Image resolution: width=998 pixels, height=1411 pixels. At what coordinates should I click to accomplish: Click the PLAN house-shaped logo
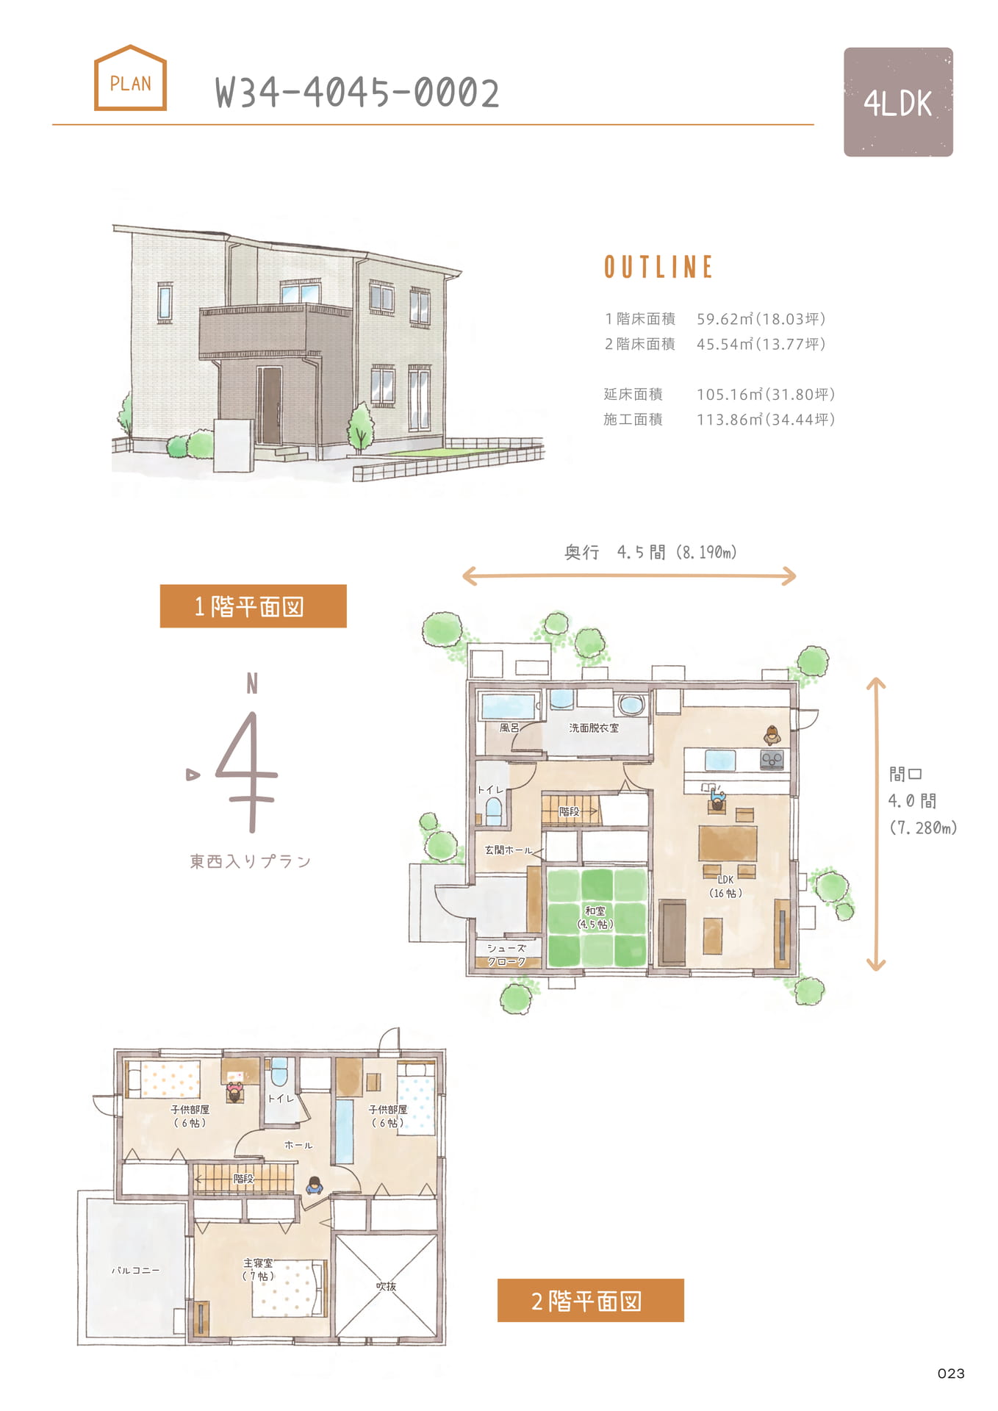tap(130, 78)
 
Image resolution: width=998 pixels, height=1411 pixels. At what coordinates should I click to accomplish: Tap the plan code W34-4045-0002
tap(357, 93)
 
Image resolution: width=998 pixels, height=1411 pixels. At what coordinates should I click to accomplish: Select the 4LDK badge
tap(898, 102)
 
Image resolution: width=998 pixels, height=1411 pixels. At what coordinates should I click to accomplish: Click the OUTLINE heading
tap(658, 267)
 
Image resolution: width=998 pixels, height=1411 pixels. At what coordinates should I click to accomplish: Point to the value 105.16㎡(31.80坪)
tap(766, 395)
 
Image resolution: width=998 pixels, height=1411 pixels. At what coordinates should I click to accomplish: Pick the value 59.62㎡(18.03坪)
tap(761, 319)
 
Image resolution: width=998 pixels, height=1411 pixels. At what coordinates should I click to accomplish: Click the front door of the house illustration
tap(270, 405)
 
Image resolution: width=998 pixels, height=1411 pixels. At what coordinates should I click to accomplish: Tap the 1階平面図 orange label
tap(253, 606)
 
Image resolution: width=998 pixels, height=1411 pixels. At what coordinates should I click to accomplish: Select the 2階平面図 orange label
tap(590, 1300)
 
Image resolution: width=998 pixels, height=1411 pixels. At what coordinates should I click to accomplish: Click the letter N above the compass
tap(252, 684)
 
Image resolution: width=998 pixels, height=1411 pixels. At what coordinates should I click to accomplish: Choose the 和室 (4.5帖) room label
tap(595, 917)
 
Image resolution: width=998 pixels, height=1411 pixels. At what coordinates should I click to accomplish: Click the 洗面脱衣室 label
tap(594, 728)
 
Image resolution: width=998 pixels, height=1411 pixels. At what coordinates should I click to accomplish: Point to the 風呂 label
tap(509, 728)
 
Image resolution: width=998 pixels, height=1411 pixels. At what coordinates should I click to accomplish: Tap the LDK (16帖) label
tap(725, 886)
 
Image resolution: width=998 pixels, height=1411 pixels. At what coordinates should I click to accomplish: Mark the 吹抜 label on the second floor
tap(386, 1286)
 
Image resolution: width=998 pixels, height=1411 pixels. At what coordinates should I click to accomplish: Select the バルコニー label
tap(135, 1270)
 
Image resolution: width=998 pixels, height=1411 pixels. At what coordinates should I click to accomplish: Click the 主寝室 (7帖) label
tap(258, 1269)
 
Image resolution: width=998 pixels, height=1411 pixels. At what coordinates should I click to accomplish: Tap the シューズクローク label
tap(507, 955)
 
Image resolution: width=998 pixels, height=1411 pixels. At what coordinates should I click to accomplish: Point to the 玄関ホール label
tap(508, 850)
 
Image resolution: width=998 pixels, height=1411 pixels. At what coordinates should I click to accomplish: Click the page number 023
tap(951, 1374)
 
